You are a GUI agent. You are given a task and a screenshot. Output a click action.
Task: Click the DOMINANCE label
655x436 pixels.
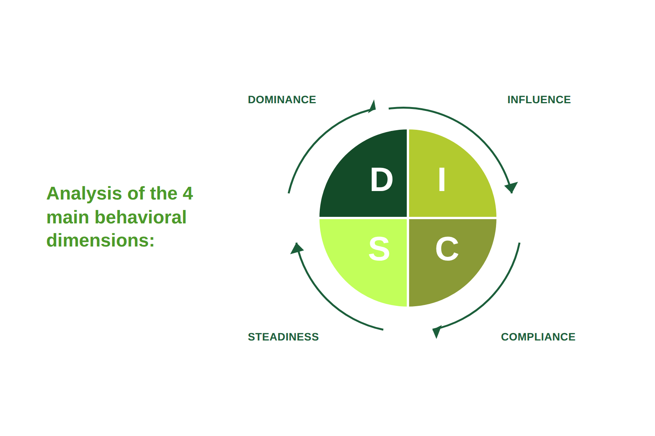pos(282,100)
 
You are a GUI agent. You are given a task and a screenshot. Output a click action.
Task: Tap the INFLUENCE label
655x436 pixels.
pos(539,100)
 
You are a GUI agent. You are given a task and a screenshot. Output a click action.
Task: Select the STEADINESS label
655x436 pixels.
pos(283,337)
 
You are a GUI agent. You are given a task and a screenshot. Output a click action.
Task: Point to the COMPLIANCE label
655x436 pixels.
pos(538,337)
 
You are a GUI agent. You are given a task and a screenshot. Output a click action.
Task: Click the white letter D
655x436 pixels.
pos(381,179)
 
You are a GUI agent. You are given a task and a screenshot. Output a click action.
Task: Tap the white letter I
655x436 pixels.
pos(442,179)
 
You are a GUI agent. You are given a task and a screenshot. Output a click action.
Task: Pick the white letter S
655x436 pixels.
pos(379,249)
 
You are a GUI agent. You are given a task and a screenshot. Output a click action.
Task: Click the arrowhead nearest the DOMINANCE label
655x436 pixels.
pos(372,106)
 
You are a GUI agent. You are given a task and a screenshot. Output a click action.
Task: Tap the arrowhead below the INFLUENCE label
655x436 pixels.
pos(511,187)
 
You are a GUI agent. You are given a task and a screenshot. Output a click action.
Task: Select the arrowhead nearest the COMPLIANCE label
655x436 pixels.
pos(436,332)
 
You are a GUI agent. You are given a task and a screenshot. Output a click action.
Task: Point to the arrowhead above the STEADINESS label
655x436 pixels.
pos(297,248)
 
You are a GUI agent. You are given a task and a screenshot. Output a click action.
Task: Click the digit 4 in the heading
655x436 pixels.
pos(188,193)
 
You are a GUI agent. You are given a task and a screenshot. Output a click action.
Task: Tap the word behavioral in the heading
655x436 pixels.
pos(140,217)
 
